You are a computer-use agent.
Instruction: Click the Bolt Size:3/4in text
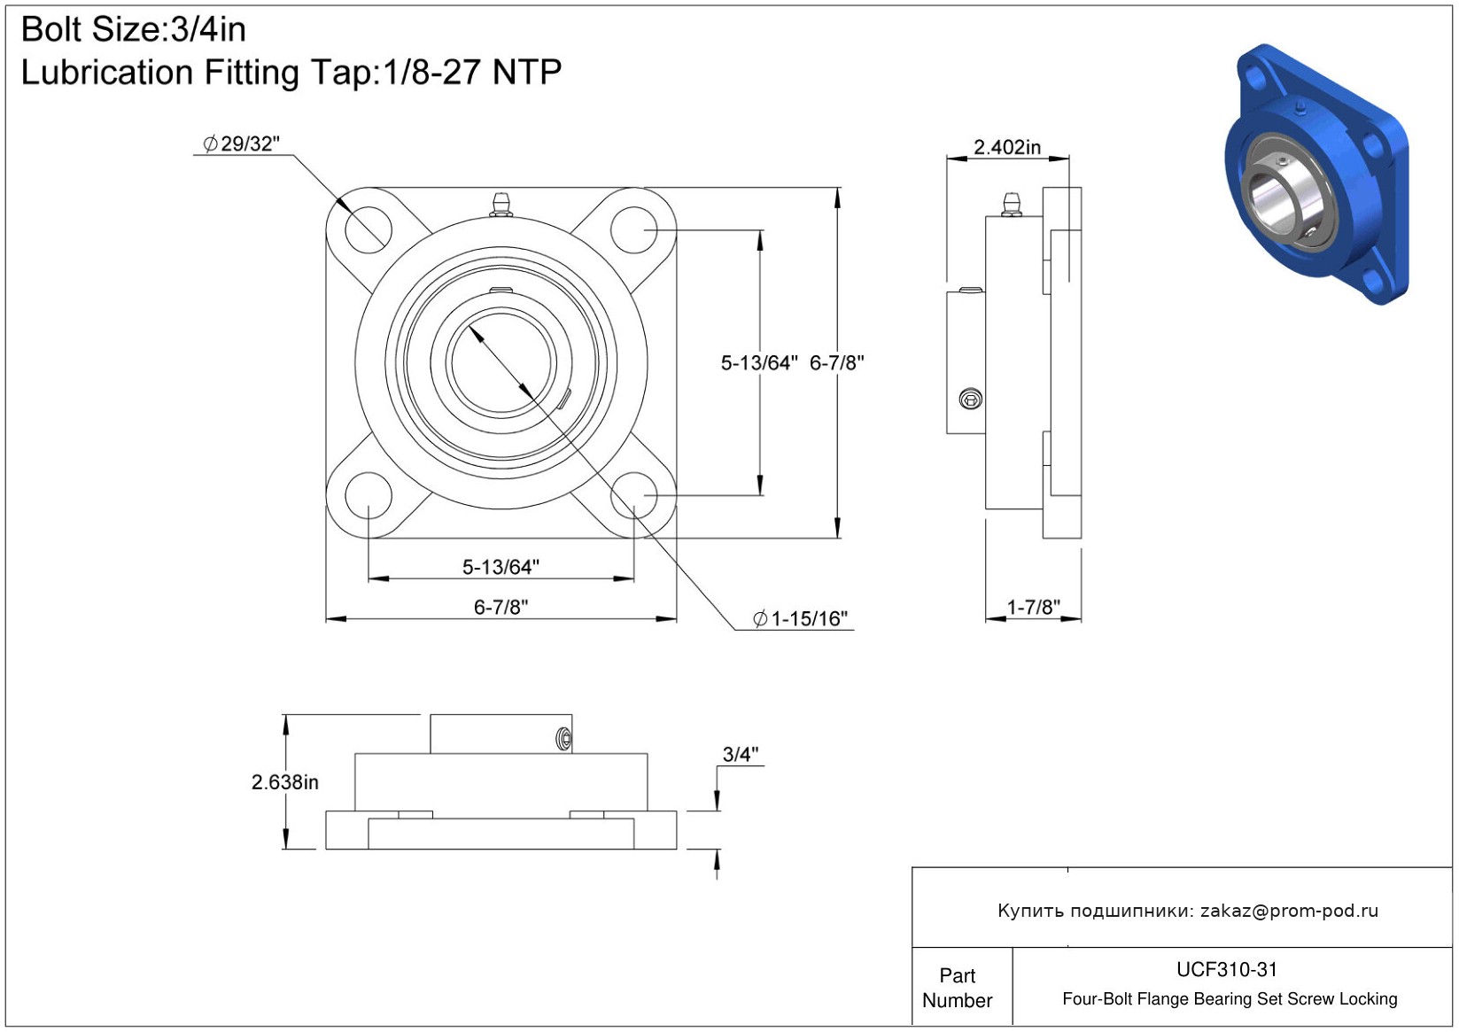[133, 30]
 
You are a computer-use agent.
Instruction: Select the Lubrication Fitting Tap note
[291, 73]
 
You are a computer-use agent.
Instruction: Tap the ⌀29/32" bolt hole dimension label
[242, 144]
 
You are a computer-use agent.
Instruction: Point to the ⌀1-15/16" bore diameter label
[801, 618]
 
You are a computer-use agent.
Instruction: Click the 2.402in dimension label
[1007, 147]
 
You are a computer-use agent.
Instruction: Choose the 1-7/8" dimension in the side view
[1033, 607]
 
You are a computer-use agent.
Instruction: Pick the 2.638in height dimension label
[284, 782]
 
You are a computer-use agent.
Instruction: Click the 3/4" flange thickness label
[741, 755]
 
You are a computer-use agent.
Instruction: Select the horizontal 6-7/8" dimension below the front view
[501, 607]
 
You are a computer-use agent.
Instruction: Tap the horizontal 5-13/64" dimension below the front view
[501, 567]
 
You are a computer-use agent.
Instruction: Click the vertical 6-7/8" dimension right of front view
[837, 362]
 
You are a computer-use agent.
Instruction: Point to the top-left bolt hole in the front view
[368, 229]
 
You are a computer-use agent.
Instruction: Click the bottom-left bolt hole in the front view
[368, 495]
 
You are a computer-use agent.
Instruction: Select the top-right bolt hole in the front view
[634, 229]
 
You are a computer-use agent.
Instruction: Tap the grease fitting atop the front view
[501, 204]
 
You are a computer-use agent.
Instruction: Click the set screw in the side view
[971, 400]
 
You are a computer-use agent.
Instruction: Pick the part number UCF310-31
[1227, 969]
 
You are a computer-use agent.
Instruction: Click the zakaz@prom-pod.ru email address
[1289, 911]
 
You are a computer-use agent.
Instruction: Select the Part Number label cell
[958, 988]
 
